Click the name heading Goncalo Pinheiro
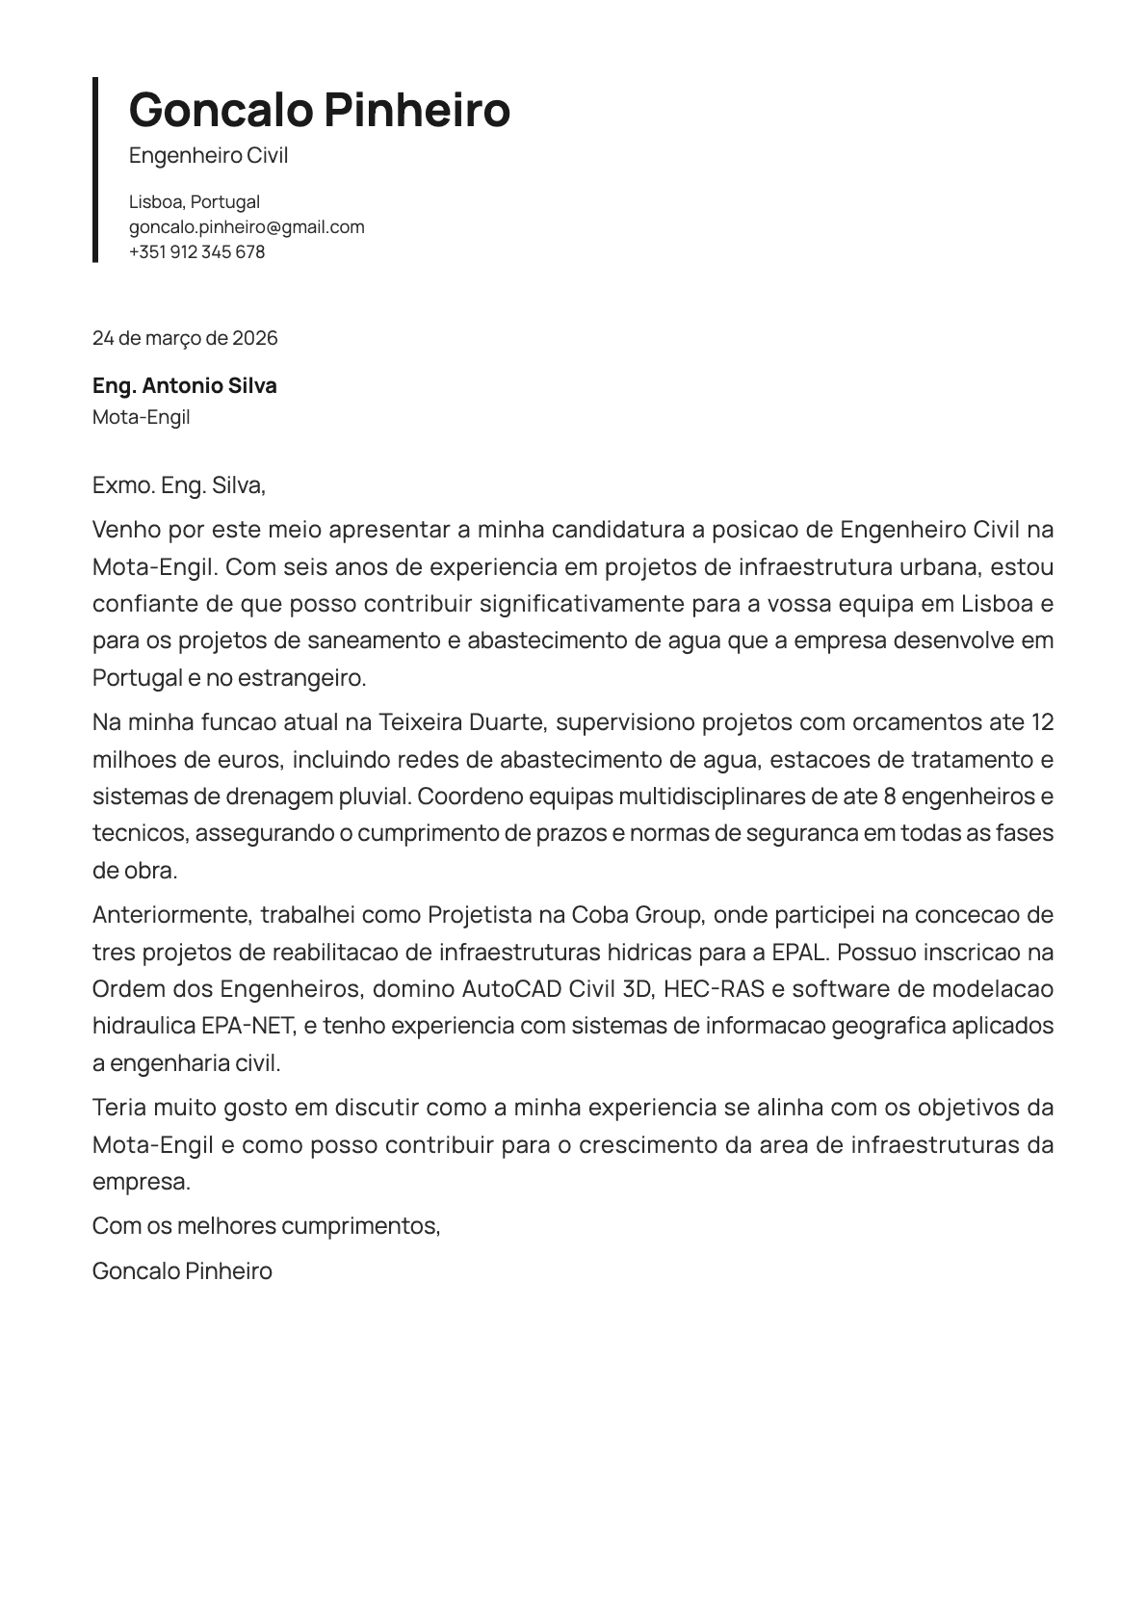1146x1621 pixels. coord(319,109)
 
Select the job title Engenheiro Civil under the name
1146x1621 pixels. coord(208,156)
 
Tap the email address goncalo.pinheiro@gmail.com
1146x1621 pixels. coord(247,227)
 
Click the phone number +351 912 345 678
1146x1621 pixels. coord(196,252)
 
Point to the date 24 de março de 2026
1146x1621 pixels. coord(185,338)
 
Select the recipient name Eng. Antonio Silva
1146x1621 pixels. coord(185,386)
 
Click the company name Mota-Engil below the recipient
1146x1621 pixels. coord(142,417)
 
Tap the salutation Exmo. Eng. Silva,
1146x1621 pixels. coord(179,485)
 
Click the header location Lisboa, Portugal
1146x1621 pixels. coord(195,202)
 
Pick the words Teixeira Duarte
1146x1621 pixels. coord(463,722)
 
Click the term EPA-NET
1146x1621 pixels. coord(247,1026)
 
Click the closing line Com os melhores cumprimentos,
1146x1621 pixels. coord(266,1226)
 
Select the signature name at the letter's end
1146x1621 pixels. coord(182,1271)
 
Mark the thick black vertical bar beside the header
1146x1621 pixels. coord(95,170)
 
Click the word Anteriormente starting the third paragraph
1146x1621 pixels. coord(170,914)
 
